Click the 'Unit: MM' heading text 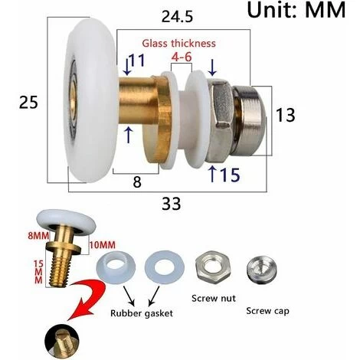pyautogui.click(x=296, y=10)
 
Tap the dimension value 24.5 pyautogui.click(x=177, y=17)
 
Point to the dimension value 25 pyautogui.click(x=28, y=103)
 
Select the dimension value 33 pyautogui.click(x=172, y=204)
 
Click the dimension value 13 pyautogui.click(x=286, y=115)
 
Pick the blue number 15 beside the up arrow pyautogui.click(x=230, y=175)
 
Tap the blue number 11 pyautogui.click(x=137, y=61)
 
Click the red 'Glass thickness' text pyautogui.click(x=178, y=44)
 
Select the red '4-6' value pyautogui.click(x=182, y=57)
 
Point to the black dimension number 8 pyautogui.click(x=137, y=182)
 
